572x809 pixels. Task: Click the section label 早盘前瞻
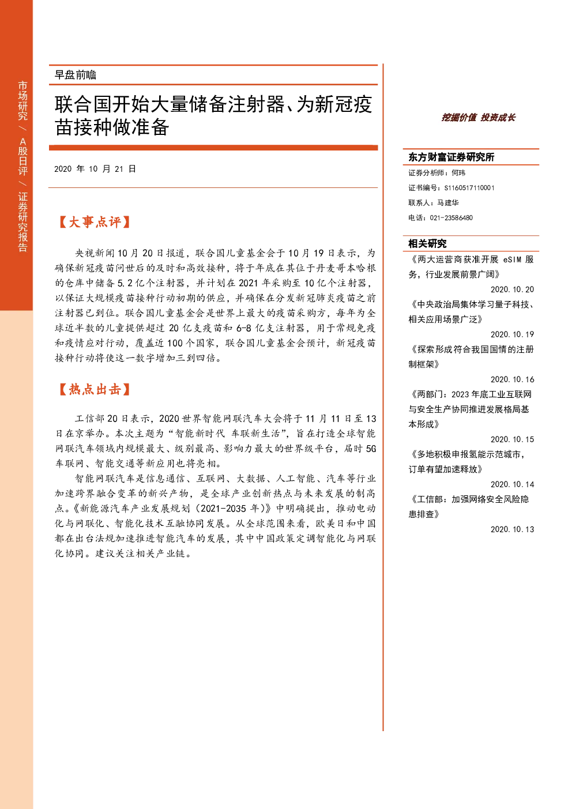tap(76, 75)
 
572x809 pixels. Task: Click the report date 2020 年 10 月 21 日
tap(95, 169)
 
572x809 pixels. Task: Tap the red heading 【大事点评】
tap(94, 222)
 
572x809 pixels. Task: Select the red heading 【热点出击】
tap(94, 389)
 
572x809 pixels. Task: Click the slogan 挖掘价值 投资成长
tap(478, 118)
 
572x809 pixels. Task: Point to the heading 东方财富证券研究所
tap(451, 157)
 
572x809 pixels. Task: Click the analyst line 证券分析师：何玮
tap(436, 173)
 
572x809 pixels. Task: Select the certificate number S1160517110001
tap(469, 188)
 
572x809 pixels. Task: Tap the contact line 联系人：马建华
tap(434, 203)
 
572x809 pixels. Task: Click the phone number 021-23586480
tap(451, 218)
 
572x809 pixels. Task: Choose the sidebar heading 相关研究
tap(427, 244)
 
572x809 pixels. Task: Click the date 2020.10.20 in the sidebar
tap(512, 289)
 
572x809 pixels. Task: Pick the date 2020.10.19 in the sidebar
tap(512, 334)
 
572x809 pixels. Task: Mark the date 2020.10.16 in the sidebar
tap(512, 379)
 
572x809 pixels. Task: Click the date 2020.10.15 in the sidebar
tap(512, 439)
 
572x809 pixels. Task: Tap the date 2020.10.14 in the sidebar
tap(512, 484)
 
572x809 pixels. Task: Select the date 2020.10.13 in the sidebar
tap(512, 529)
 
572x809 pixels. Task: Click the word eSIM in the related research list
tap(513, 259)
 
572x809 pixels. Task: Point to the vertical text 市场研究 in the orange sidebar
tap(22, 101)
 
